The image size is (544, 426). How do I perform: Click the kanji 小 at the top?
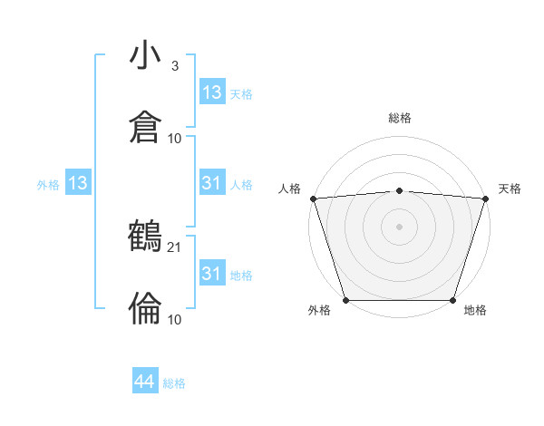pyautogui.click(x=145, y=56)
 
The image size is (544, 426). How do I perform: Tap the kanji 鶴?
pyautogui.click(x=145, y=237)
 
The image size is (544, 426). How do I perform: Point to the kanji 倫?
pyautogui.click(x=145, y=308)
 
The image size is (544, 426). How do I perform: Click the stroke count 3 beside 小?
pyautogui.click(x=175, y=67)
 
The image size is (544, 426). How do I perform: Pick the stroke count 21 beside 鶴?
pyautogui.click(x=175, y=247)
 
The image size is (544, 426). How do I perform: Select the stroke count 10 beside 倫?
pyautogui.click(x=175, y=319)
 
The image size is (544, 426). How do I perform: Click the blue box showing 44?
pyautogui.click(x=145, y=382)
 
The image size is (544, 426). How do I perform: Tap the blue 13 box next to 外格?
pyautogui.click(x=78, y=184)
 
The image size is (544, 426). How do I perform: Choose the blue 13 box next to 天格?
pyautogui.click(x=211, y=92)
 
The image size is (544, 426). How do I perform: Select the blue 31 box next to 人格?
pyautogui.click(x=211, y=184)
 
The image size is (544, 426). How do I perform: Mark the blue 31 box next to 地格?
pyautogui.click(x=211, y=273)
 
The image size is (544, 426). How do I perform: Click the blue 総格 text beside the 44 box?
pyautogui.click(x=174, y=383)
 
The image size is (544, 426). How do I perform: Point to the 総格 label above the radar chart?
pyautogui.click(x=400, y=118)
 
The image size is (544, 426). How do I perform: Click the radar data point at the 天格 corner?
pyautogui.click(x=485, y=198)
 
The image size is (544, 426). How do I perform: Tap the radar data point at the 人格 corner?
pyautogui.click(x=313, y=198)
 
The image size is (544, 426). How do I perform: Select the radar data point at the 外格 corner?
pyautogui.click(x=345, y=300)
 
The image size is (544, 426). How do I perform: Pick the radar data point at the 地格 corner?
pyautogui.click(x=452, y=300)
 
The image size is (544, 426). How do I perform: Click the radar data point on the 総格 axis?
pyautogui.click(x=399, y=190)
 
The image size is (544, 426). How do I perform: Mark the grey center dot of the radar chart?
pyautogui.click(x=399, y=227)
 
